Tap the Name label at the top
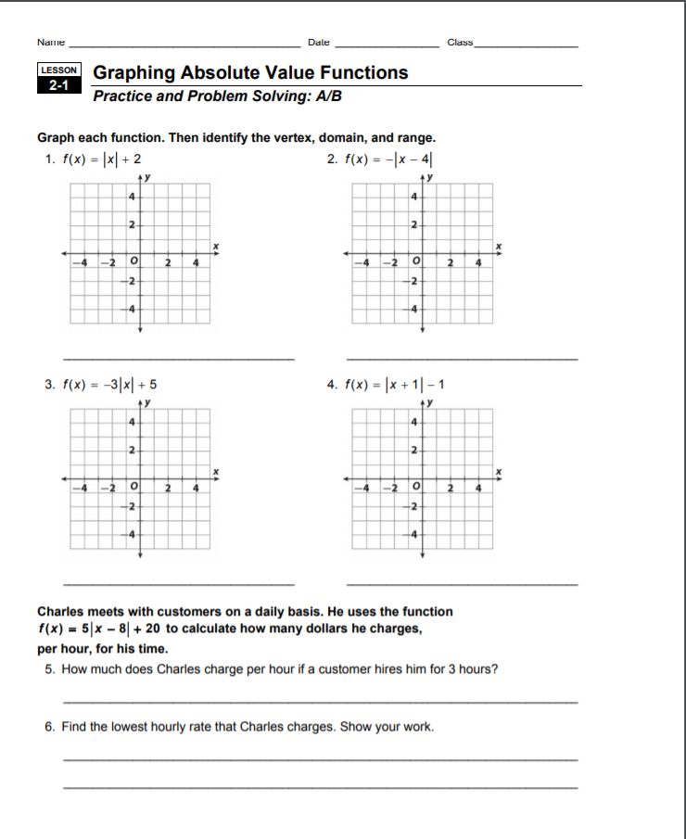[51, 43]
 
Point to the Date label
[319, 43]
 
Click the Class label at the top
[460, 43]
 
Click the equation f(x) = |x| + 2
[101, 159]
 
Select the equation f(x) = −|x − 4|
[390, 159]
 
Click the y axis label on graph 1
[146, 176]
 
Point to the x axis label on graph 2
[499, 245]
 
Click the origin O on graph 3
[135, 486]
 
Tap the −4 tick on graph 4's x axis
[365, 488]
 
